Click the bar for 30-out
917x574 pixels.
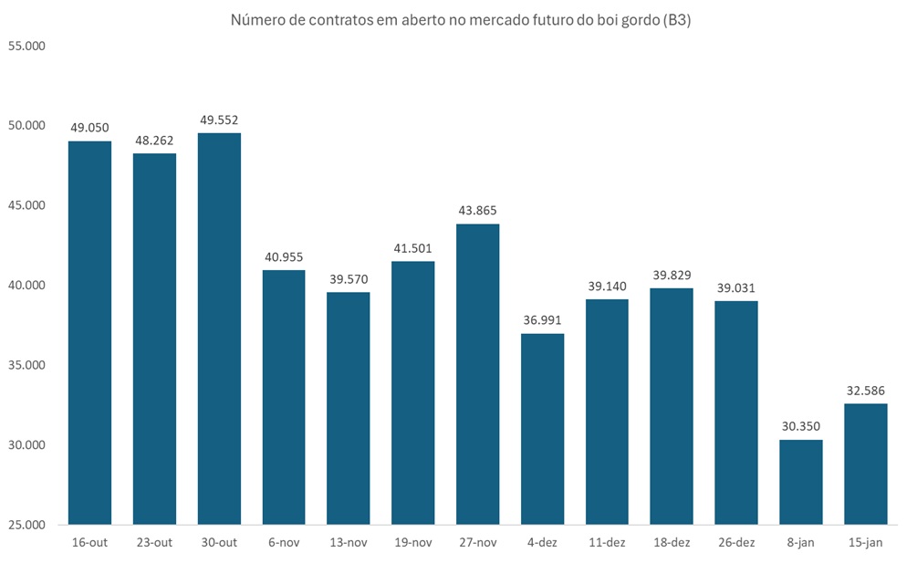[219, 329]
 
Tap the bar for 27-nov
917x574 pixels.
[478, 374]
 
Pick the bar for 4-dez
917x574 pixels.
[543, 429]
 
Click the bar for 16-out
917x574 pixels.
[90, 333]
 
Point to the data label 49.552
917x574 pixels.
[219, 120]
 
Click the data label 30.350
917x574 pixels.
[801, 426]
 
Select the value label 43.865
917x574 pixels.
[478, 211]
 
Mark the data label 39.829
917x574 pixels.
[672, 275]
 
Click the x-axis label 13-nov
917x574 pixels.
[349, 543]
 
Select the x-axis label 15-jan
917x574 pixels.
[866, 543]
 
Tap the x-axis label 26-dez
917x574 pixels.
[736, 543]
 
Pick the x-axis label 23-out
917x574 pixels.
[154, 543]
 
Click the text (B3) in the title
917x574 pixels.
[677, 20]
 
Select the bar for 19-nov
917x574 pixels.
[413, 392]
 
